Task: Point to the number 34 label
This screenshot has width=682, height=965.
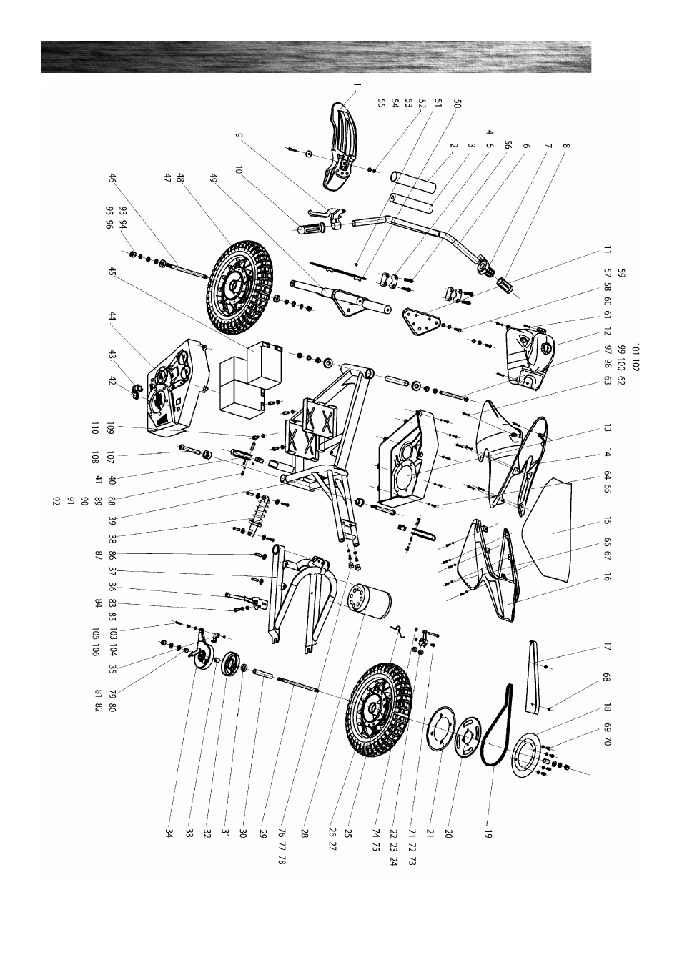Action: tap(169, 833)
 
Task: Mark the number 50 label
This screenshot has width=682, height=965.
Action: tap(458, 104)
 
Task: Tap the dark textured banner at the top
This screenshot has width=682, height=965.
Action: tap(316, 57)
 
